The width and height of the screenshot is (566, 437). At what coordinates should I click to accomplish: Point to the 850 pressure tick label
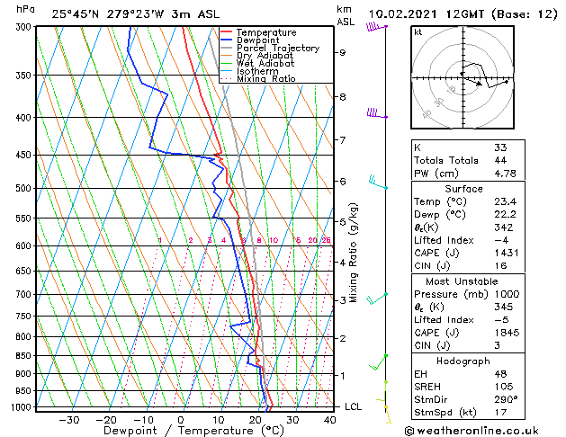tap(22, 355)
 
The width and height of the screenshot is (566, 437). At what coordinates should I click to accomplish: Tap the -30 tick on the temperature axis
tap(68, 419)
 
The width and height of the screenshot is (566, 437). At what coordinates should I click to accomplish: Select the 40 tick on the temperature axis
tap(329, 419)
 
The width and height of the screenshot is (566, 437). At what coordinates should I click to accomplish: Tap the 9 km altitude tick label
tap(343, 52)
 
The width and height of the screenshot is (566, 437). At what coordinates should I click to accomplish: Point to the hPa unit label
tap(26, 9)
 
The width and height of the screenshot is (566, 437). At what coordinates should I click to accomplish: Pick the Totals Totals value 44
tap(500, 160)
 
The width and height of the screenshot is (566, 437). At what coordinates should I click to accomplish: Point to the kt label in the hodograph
tap(418, 32)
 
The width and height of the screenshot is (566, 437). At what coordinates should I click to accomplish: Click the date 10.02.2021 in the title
tap(400, 13)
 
